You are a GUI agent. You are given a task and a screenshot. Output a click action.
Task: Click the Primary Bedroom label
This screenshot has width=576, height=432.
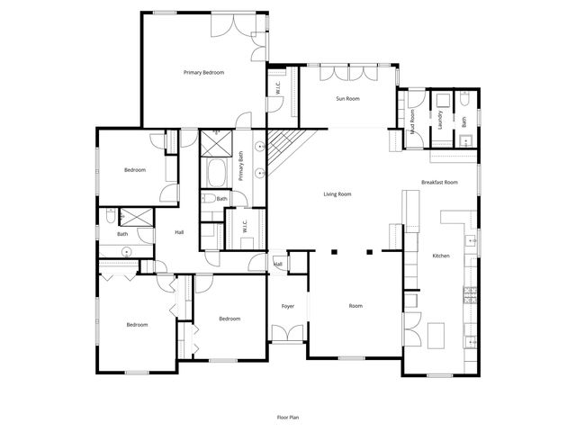click(203, 72)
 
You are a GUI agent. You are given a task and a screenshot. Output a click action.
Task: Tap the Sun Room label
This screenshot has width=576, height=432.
click(347, 98)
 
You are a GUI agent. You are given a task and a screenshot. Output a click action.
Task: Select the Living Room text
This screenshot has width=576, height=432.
click(337, 193)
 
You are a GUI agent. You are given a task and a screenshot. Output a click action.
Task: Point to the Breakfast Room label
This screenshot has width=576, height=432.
click(439, 183)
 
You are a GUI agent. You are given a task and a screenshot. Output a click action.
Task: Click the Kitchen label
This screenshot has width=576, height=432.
click(441, 256)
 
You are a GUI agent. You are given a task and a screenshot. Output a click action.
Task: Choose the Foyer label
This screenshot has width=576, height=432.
click(288, 306)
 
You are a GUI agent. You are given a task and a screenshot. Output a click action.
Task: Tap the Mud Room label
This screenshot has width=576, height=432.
click(413, 115)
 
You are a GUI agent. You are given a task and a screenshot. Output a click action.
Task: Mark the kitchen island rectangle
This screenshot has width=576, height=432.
click(438, 335)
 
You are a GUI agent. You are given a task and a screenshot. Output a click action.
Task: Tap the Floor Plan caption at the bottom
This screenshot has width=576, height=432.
click(288, 417)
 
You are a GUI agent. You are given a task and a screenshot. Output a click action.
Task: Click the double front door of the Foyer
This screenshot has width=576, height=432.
click(288, 336)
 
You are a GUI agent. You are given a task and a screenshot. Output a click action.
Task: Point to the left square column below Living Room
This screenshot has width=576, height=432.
click(334, 253)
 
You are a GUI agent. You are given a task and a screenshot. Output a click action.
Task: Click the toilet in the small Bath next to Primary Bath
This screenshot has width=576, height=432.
click(207, 199)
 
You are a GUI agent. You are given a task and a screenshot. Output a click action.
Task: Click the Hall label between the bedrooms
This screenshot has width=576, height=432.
click(179, 233)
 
